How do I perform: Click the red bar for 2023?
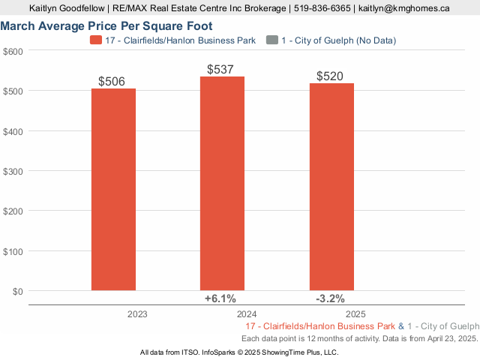[114, 189]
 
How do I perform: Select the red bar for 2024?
[222, 183]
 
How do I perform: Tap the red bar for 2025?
[331, 187]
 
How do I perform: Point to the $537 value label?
[222, 69]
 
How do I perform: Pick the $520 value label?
[331, 76]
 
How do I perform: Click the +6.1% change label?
[221, 298]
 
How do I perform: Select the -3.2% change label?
[330, 298]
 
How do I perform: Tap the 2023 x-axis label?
[138, 315]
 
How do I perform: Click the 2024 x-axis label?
[247, 315]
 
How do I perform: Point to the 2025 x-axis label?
[355, 315]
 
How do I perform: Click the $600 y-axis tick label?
[13, 51]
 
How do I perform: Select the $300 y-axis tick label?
[13, 171]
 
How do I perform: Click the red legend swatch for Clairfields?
[95, 40]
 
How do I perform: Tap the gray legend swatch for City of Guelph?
[271, 40]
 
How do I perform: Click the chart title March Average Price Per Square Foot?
[106, 25]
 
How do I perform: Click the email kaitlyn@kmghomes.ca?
[404, 8]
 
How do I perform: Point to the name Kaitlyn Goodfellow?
[67, 8]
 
